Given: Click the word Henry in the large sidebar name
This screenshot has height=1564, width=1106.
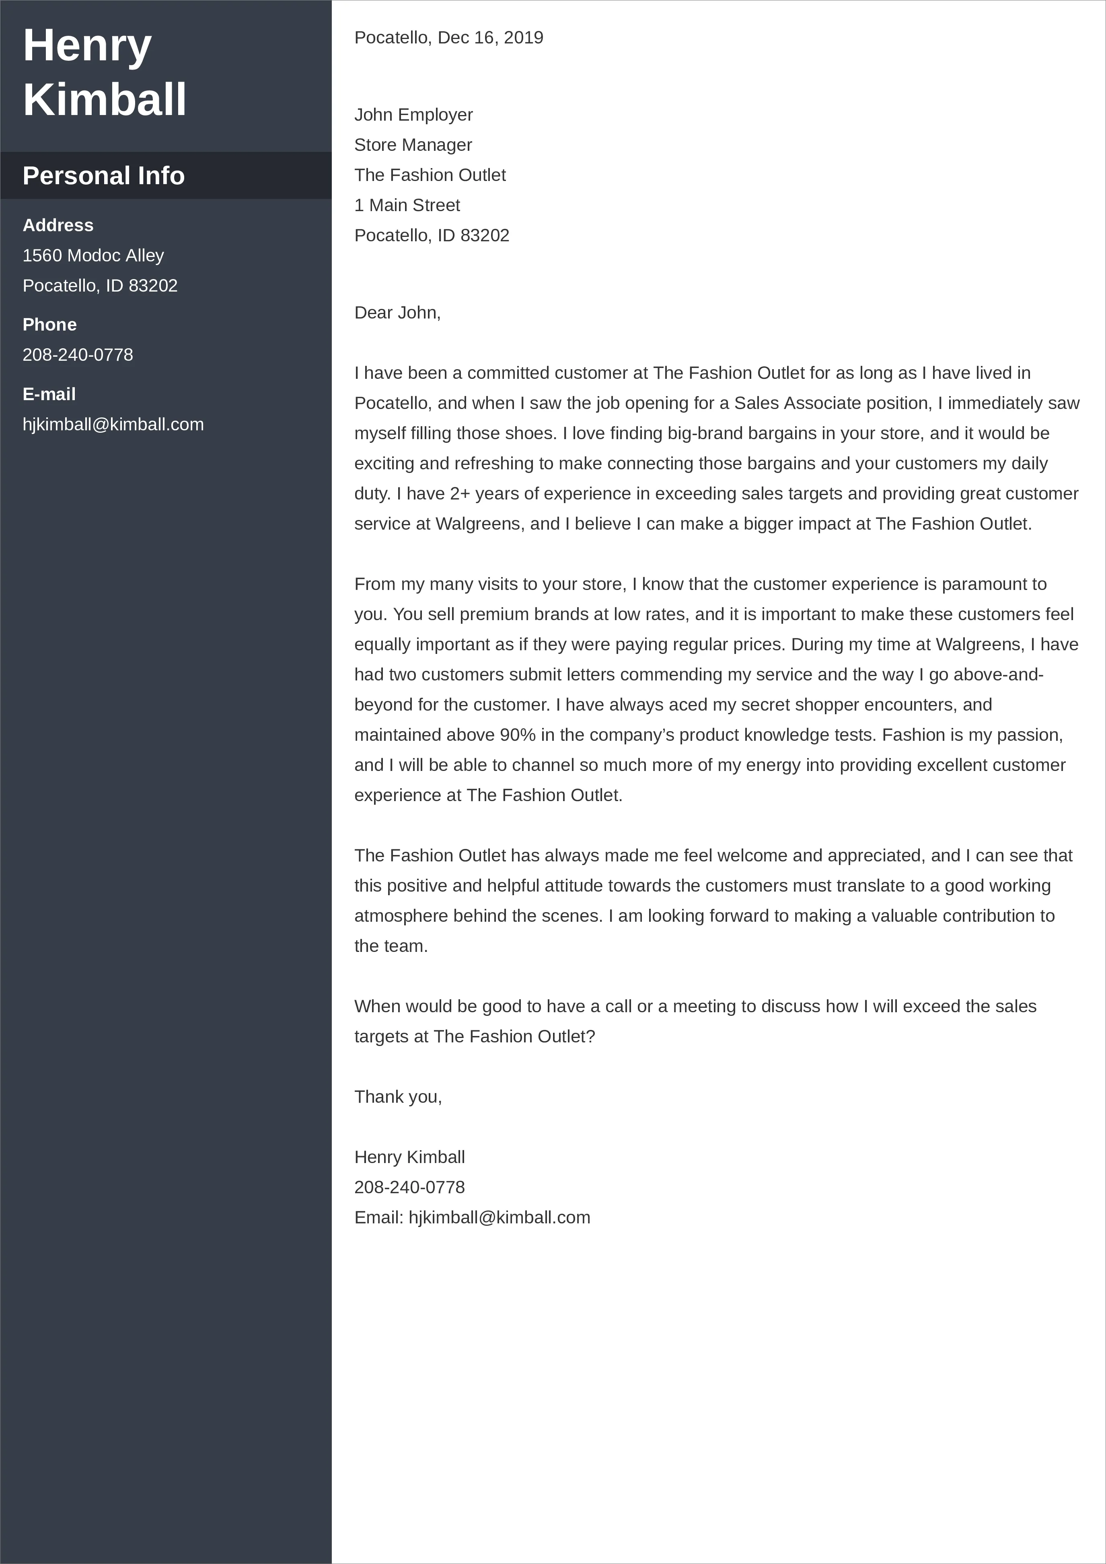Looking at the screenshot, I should [x=87, y=45].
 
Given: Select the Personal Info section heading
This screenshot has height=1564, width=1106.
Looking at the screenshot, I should [x=103, y=176].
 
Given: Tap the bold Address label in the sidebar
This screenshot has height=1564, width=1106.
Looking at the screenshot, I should [x=58, y=226].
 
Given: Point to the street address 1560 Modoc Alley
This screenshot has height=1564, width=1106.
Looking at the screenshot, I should [x=93, y=255].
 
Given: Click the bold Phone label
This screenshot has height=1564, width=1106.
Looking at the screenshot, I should [x=50, y=325].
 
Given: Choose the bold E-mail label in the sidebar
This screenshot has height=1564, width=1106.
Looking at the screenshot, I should [x=49, y=395].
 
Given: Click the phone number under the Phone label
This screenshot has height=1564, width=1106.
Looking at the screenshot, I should [x=78, y=355].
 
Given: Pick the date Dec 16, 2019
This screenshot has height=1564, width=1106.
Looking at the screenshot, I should [x=490, y=37].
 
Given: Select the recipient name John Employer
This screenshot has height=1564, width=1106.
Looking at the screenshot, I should [x=413, y=115].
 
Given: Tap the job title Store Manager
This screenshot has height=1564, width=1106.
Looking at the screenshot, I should [x=413, y=145].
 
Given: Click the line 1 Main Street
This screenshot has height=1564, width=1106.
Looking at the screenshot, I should [x=407, y=205].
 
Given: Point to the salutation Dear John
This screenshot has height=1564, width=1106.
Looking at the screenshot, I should [x=397, y=312].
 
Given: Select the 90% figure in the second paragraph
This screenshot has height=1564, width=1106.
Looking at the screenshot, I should [x=518, y=735].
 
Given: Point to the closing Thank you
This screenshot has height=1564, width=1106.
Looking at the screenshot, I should [x=398, y=1097].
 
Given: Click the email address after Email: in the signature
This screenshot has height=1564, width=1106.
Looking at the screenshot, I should [x=499, y=1217].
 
